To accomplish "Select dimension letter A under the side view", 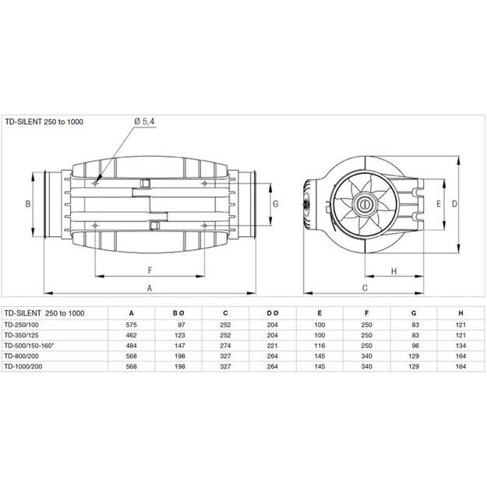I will click(x=150, y=288).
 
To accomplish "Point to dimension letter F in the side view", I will click(x=149, y=270).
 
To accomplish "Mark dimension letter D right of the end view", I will click(x=453, y=203).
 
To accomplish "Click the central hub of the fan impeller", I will click(x=363, y=204).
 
